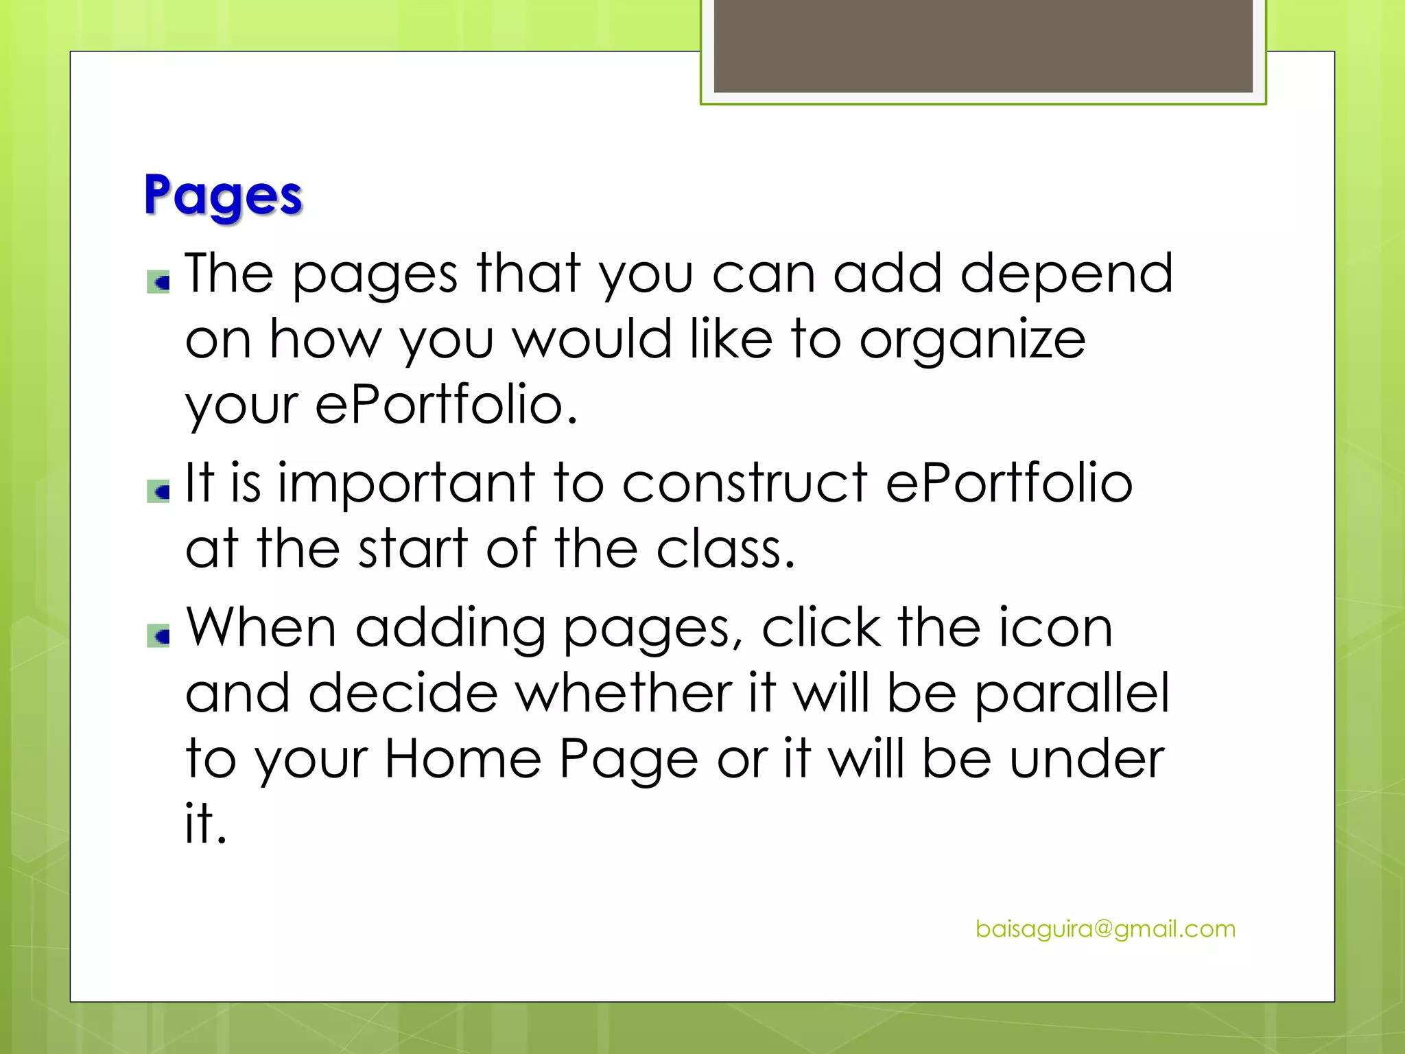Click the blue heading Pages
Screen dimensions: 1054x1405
223,196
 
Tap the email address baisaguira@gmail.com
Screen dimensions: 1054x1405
1105,929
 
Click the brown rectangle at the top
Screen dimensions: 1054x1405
983,45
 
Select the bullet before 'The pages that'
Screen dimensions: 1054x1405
158,282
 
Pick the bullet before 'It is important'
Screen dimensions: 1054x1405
158,491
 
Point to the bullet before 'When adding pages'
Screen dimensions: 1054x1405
158,636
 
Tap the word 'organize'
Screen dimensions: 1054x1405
972,340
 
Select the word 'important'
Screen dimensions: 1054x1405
406,483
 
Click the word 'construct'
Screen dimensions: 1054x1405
744,483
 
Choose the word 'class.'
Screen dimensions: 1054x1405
726,549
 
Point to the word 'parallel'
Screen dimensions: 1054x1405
1072,694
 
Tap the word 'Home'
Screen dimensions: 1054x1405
463,759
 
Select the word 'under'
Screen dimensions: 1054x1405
1087,759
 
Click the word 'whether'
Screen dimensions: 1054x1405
624,693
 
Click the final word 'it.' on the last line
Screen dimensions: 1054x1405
205,822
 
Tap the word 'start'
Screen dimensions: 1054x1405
414,549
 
